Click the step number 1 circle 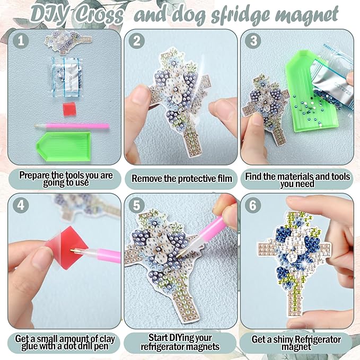(21, 41)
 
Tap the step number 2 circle (137, 41)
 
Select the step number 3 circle (253, 41)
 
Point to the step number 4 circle (21, 205)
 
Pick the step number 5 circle (137, 205)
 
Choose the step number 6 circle (253, 205)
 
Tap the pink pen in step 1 (72, 126)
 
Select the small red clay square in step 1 (69, 109)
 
